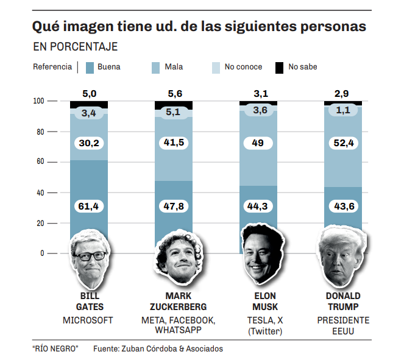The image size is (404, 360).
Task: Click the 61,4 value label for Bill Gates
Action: coord(89,206)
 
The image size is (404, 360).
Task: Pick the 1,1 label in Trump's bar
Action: coord(344,110)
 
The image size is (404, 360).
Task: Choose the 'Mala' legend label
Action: coord(174,67)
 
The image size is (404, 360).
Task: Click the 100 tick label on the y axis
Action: coord(38,101)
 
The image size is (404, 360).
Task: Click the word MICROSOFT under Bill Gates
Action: coord(88,320)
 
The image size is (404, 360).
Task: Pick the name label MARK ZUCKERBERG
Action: coord(174,301)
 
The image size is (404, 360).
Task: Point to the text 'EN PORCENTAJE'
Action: coord(75,47)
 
